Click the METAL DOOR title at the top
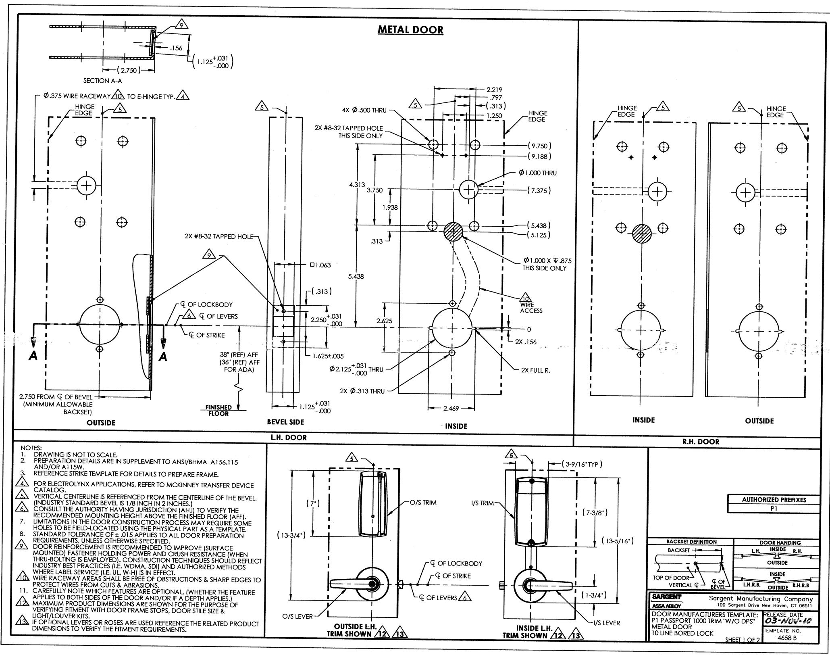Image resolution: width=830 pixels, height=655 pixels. tap(410, 29)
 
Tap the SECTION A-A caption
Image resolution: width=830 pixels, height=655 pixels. tap(102, 81)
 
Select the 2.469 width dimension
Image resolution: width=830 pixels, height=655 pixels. tap(451, 409)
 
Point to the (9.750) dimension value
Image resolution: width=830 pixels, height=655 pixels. tap(539, 146)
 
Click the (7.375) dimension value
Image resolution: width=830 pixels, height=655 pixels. tap(539, 190)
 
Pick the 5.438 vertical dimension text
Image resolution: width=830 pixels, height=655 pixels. tap(356, 276)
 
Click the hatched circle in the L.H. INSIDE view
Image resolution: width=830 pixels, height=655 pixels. tap(453, 232)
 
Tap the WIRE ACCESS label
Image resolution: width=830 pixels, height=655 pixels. tap(531, 308)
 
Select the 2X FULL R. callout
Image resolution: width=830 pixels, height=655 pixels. tap(535, 370)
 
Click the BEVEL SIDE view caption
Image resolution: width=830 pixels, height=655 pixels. tap(285, 422)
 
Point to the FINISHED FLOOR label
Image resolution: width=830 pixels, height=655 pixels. tap(218, 410)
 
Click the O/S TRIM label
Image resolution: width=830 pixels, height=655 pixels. tap(423, 503)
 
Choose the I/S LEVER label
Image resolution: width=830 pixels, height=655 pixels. tap(607, 623)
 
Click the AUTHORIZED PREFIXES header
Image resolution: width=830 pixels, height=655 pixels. tap(774, 500)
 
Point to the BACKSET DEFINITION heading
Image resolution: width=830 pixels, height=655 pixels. tap(691, 542)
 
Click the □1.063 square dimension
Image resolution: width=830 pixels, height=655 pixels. tap(320, 265)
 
